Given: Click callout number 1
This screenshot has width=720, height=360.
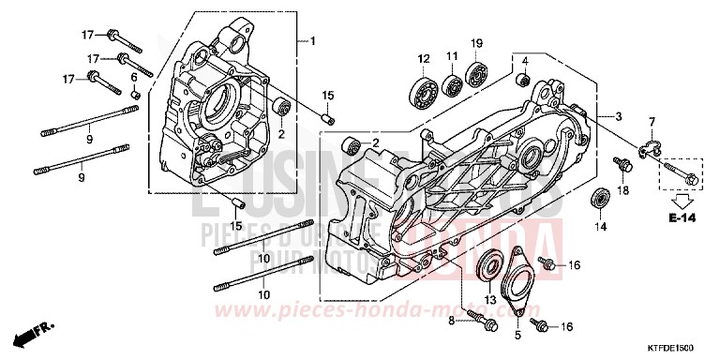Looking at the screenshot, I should (314, 40).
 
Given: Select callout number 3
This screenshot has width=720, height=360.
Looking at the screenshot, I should (619, 116).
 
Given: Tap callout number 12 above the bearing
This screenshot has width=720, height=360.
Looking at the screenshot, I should (424, 59).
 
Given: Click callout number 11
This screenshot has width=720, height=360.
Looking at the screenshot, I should (451, 58).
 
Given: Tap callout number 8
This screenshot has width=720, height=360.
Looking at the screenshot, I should (451, 322).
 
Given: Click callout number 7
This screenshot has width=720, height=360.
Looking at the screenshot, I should (652, 122).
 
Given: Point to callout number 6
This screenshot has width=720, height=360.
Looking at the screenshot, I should (134, 76).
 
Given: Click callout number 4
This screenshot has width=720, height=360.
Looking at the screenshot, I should (526, 61).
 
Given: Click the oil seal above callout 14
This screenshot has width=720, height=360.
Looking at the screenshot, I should (598, 200).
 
